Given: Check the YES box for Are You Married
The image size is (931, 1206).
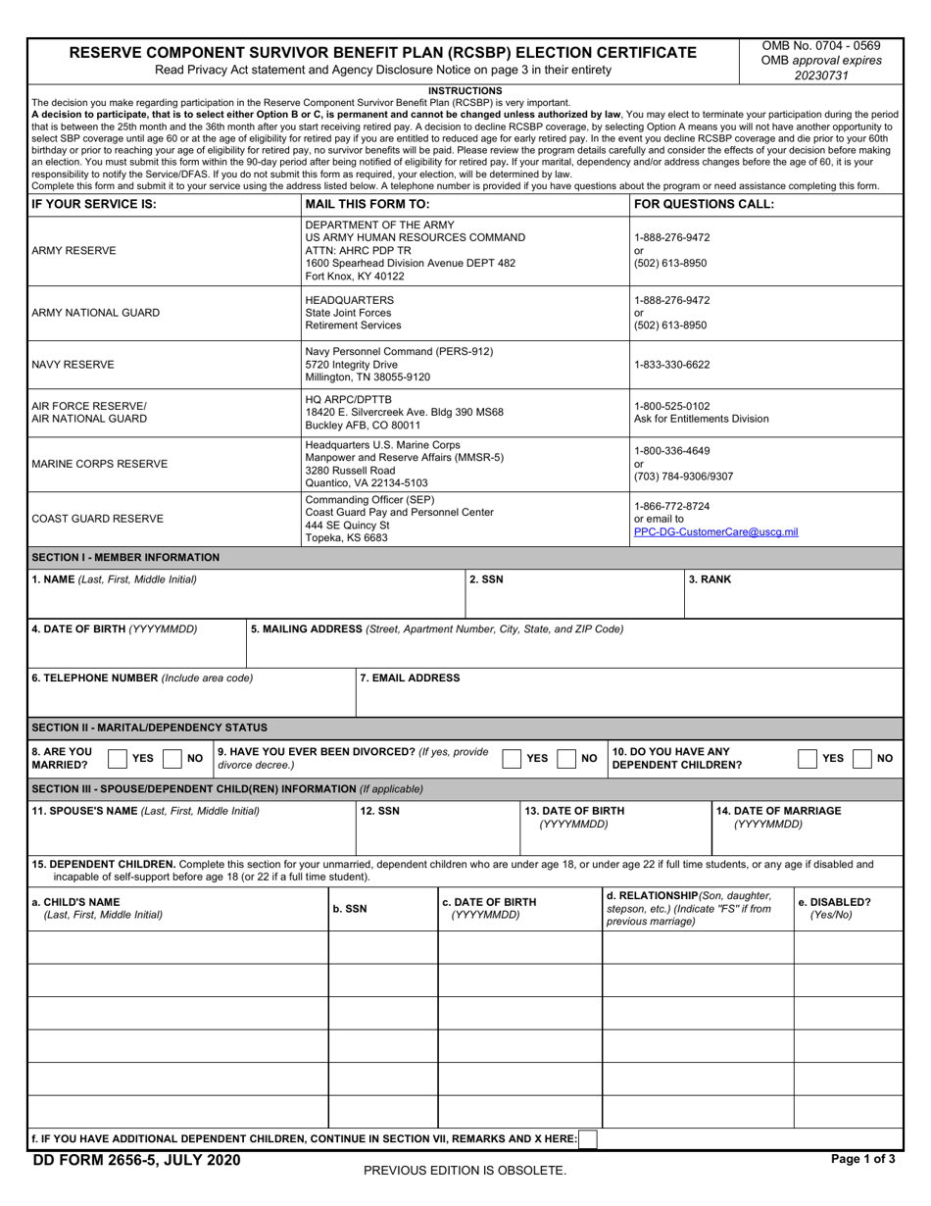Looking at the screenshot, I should (117, 758).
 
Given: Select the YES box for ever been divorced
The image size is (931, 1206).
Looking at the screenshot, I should (512, 758).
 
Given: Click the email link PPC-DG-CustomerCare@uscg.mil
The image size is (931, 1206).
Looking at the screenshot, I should (715, 532).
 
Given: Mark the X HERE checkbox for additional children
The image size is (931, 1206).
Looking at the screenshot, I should (588, 1139).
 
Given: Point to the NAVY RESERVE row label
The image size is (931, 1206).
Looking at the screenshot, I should (73, 365).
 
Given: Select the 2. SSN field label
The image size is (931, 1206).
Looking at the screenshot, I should (486, 579).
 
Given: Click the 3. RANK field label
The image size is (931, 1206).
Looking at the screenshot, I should (710, 579).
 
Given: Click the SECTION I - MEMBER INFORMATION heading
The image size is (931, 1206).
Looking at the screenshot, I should (125, 557).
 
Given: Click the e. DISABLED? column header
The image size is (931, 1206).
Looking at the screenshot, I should (834, 902).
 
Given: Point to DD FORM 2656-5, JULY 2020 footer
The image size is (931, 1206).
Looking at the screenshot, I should (135, 1160).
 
